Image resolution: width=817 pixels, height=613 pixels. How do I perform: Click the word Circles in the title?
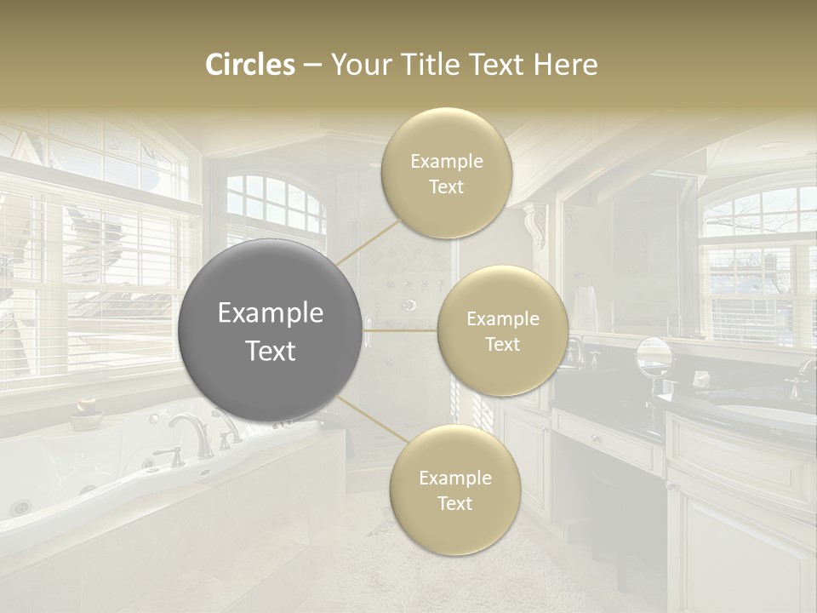pos(249,65)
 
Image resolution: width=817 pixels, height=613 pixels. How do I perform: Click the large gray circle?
pos(271,331)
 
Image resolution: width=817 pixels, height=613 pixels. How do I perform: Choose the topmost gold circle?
pos(447,174)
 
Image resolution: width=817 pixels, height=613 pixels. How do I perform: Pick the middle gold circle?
pos(502,331)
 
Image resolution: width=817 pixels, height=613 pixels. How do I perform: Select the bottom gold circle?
pos(454,490)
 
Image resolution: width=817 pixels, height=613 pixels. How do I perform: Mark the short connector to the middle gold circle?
pos(400,330)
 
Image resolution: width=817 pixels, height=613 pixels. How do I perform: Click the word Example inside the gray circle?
pos(271,313)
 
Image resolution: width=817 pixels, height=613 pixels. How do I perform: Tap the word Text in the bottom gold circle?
pos(454,503)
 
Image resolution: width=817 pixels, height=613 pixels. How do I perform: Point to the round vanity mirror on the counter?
pos(653,356)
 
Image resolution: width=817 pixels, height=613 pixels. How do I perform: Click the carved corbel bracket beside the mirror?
pos(536,226)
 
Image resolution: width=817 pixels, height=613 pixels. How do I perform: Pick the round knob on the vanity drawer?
pos(594,440)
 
